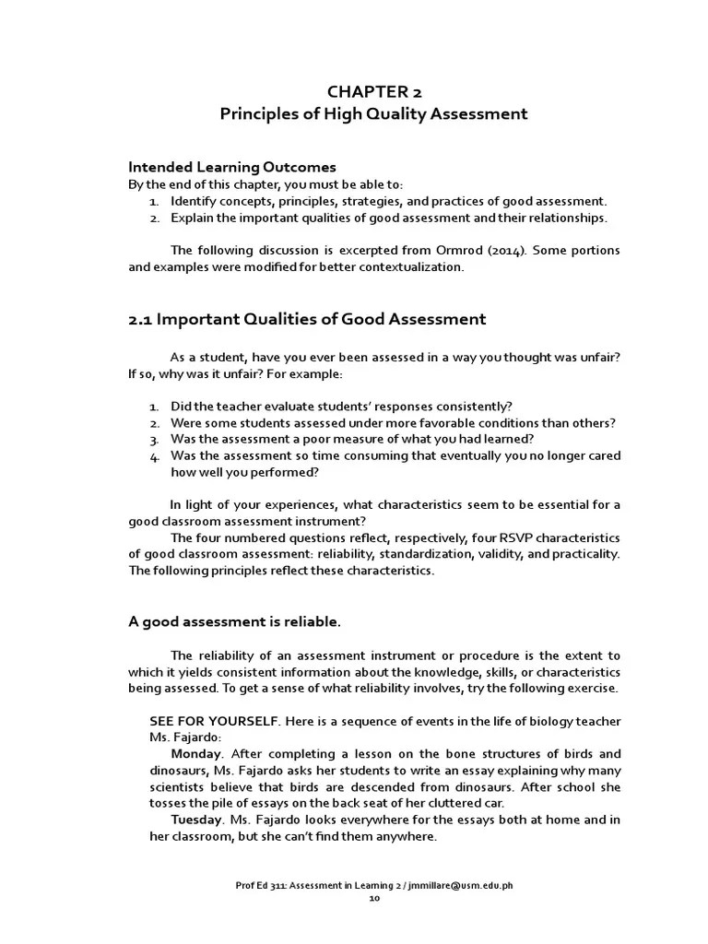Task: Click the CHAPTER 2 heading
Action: [x=373, y=91]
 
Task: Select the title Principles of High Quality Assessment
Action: [x=373, y=114]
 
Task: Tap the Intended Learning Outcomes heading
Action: [x=231, y=167]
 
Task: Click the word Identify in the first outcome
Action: [x=193, y=201]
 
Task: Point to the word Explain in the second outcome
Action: [x=191, y=218]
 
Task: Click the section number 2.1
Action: [x=139, y=320]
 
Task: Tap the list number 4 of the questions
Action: [x=154, y=456]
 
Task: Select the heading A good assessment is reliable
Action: [x=234, y=621]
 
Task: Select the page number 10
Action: [x=373, y=897]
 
